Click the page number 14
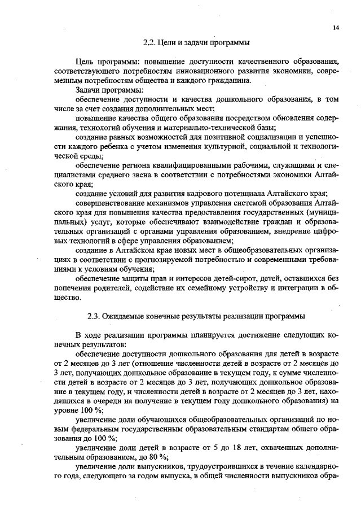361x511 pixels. [336, 27]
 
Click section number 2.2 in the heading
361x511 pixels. [150, 41]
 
